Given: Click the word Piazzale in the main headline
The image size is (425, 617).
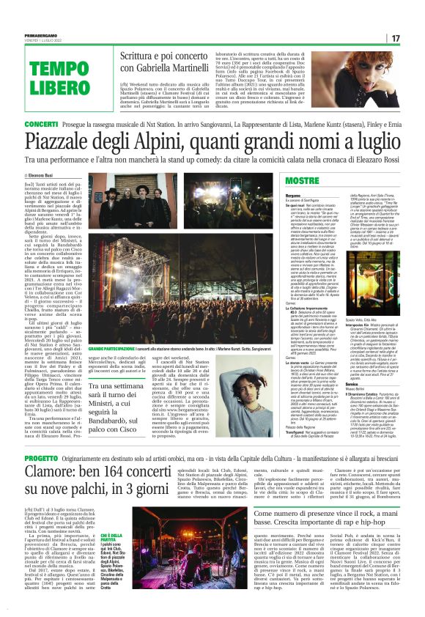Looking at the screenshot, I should tap(70, 141).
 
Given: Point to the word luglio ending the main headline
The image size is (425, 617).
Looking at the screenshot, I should tap(366, 141).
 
